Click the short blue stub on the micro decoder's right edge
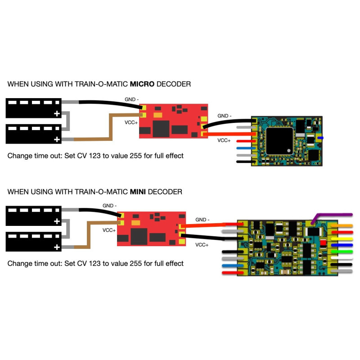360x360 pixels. (322, 137)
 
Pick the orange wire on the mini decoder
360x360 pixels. (345, 225)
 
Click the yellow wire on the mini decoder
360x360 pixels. (345, 239)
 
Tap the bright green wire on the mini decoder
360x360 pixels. (345, 252)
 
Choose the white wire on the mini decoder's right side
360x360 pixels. (345, 259)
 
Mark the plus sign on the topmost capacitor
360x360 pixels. (57, 114)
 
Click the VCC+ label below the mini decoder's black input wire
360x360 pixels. (202, 245)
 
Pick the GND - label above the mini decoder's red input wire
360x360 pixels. (202, 220)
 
